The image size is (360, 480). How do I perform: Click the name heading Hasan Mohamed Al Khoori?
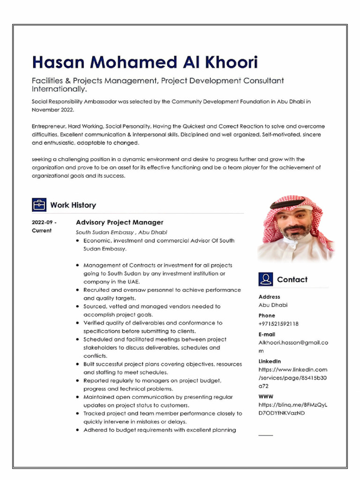(145, 62)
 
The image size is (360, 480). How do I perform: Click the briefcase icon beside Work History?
(39, 205)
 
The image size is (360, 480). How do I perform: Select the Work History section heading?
(73, 205)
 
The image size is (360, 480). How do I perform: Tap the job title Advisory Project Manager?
(120, 222)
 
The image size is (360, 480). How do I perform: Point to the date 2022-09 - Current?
(45, 226)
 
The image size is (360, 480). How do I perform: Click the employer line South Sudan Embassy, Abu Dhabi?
(121, 232)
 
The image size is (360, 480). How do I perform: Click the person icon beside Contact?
(265, 279)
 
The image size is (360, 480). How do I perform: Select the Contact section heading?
(292, 279)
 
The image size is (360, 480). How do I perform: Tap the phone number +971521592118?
(278, 323)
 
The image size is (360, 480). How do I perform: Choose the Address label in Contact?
(269, 297)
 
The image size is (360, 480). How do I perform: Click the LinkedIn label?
(270, 361)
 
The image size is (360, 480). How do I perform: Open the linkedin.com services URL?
(293, 378)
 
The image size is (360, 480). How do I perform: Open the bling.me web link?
(293, 409)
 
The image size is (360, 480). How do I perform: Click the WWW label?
(266, 397)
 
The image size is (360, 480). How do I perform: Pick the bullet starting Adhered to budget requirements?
(159, 430)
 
